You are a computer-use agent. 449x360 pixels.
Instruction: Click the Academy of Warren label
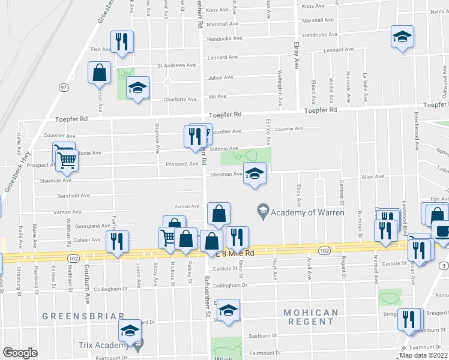click(x=307, y=212)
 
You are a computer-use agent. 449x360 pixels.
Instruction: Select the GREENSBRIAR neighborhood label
click(x=83, y=316)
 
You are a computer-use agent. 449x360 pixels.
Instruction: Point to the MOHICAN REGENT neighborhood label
click(x=310, y=317)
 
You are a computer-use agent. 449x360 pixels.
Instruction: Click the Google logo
click(x=20, y=353)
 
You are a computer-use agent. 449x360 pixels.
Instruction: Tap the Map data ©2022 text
click(x=423, y=355)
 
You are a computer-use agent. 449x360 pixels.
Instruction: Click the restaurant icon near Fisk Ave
click(x=122, y=41)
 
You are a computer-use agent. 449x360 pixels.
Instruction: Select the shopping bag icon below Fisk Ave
click(x=100, y=73)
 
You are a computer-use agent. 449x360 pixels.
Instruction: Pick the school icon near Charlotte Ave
click(x=138, y=89)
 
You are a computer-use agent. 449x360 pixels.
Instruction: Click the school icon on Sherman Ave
click(x=255, y=173)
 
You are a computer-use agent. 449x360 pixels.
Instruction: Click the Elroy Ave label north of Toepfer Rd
click(x=296, y=55)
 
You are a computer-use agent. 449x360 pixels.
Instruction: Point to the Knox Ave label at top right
click(x=313, y=6)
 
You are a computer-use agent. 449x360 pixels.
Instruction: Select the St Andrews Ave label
click(x=176, y=65)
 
